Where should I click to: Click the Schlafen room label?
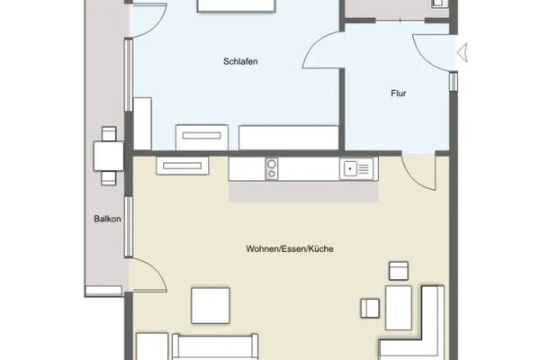pyautogui.click(x=241, y=61)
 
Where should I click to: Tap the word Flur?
pyautogui.click(x=398, y=93)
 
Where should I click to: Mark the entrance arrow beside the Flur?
pyautogui.click(x=463, y=52)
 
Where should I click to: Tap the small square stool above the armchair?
pyautogui.click(x=398, y=270)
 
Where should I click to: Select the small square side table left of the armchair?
pyautogui.click(x=370, y=308)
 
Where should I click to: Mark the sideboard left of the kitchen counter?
pyautogui.click(x=183, y=165)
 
